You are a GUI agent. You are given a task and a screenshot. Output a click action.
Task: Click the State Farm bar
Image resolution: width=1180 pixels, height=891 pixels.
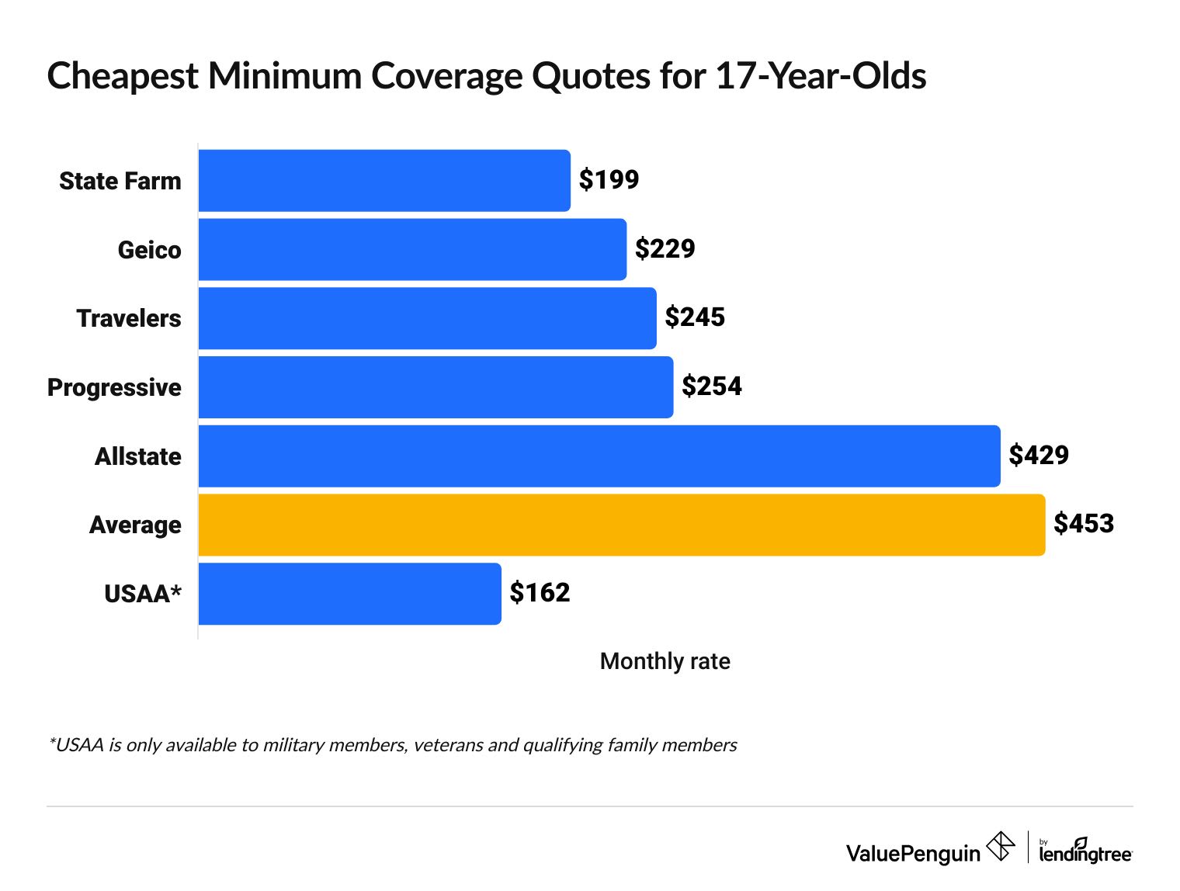point(384,181)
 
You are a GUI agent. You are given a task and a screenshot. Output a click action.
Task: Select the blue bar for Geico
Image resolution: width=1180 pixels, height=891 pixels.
point(412,249)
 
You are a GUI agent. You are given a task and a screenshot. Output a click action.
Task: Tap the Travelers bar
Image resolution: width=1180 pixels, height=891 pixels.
point(427,318)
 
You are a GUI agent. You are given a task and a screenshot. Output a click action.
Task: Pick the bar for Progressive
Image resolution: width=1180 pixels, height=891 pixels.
point(436,387)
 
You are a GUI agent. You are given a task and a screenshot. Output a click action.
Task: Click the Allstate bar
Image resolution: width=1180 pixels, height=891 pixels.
point(599,456)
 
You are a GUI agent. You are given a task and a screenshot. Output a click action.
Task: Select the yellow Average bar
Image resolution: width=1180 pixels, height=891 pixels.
point(622,525)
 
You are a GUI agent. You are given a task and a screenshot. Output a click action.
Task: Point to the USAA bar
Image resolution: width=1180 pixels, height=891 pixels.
point(349,594)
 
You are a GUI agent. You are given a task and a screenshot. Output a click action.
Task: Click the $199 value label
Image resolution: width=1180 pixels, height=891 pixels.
point(609,180)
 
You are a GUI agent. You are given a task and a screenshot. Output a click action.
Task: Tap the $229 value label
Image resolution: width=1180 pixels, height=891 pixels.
point(665,249)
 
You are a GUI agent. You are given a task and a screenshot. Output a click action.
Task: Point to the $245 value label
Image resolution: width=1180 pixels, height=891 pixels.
point(695,317)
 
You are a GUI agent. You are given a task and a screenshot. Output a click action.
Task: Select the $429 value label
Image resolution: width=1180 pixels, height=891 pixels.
point(1039,456)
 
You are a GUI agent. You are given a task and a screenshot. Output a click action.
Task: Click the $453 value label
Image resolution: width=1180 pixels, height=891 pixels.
point(1084,524)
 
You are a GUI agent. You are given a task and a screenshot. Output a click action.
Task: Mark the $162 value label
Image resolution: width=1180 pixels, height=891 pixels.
point(540,593)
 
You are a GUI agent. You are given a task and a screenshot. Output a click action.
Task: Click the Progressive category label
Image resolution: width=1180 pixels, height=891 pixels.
point(114,387)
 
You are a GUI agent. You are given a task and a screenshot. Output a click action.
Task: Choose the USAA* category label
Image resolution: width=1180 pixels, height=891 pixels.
point(143,594)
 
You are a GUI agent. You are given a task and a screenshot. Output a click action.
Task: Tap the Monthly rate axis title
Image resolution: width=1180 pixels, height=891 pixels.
point(665,661)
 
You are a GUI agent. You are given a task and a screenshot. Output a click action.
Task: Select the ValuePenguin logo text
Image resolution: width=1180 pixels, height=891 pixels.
point(913,854)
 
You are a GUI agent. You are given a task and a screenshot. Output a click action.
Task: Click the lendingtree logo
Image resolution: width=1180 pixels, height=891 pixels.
point(1085,851)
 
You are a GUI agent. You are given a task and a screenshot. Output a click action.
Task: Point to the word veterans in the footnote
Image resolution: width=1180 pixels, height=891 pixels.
point(448,745)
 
